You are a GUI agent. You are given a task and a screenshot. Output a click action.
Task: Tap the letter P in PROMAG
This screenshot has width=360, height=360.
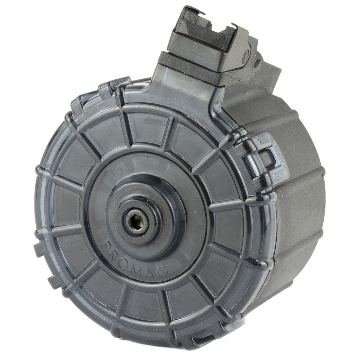pyautogui.click(x=105, y=246)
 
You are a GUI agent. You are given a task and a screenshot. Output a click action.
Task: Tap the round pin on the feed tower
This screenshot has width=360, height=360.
pyautogui.click(x=246, y=54)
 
